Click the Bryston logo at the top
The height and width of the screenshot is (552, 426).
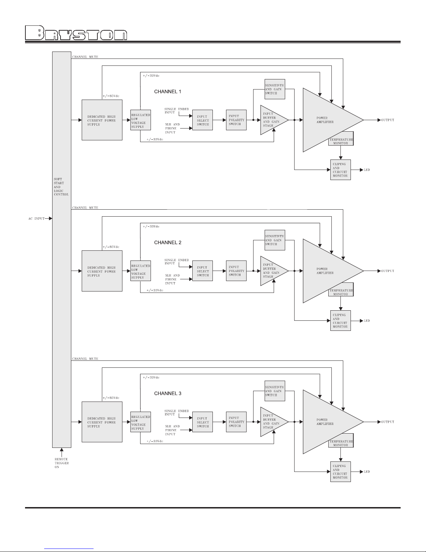pyautogui.click(x=76, y=33)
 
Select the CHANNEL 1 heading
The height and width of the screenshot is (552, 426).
pyautogui.click(x=168, y=92)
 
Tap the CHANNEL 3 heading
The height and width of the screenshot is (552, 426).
pyautogui.click(x=168, y=393)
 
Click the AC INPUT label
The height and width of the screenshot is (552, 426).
pyautogui.click(x=37, y=218)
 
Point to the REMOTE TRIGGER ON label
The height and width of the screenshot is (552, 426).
pyautogui.click(x=62, y=463)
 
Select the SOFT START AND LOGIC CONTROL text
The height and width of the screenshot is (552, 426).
pyautogui.click(x=61, y=187)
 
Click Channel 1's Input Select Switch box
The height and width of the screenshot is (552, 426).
pyautogui.click(x=202, y=120)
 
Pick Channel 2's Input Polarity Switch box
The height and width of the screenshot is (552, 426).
pyautogui.click(x=236, y=271)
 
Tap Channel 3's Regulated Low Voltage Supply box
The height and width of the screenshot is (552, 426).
pyautogui.click(x=140, y=422)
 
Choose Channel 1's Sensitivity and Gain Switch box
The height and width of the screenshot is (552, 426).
pyautogui.click(x=275, y=89)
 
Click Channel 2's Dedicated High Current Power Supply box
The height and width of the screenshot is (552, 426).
pyautogui.click(x=102, y=271)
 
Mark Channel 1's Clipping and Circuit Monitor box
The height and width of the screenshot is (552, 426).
pyautogui.click(x=340, y=170)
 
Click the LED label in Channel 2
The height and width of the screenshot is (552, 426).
pyautogui.click(x=367, y=321)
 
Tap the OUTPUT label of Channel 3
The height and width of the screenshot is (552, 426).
pyautogui.click(x=387, y=422)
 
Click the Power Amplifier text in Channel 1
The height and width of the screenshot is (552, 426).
pyautogui.click(x=325, y=120)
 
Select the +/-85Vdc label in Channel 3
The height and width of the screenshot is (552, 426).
pyautogui.click(x=111, y=398)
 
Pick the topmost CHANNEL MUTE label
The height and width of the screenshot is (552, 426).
pyautogui.click(x=85, y=57)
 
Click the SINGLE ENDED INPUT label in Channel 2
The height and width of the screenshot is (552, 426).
pyautogui.click(x=177, y=262)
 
